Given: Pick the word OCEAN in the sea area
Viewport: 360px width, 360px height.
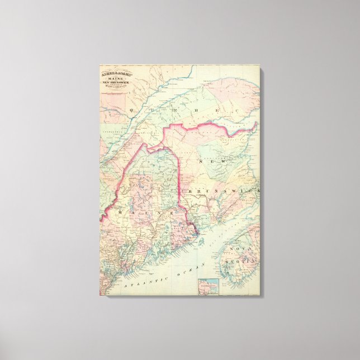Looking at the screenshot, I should pos(174,272).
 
